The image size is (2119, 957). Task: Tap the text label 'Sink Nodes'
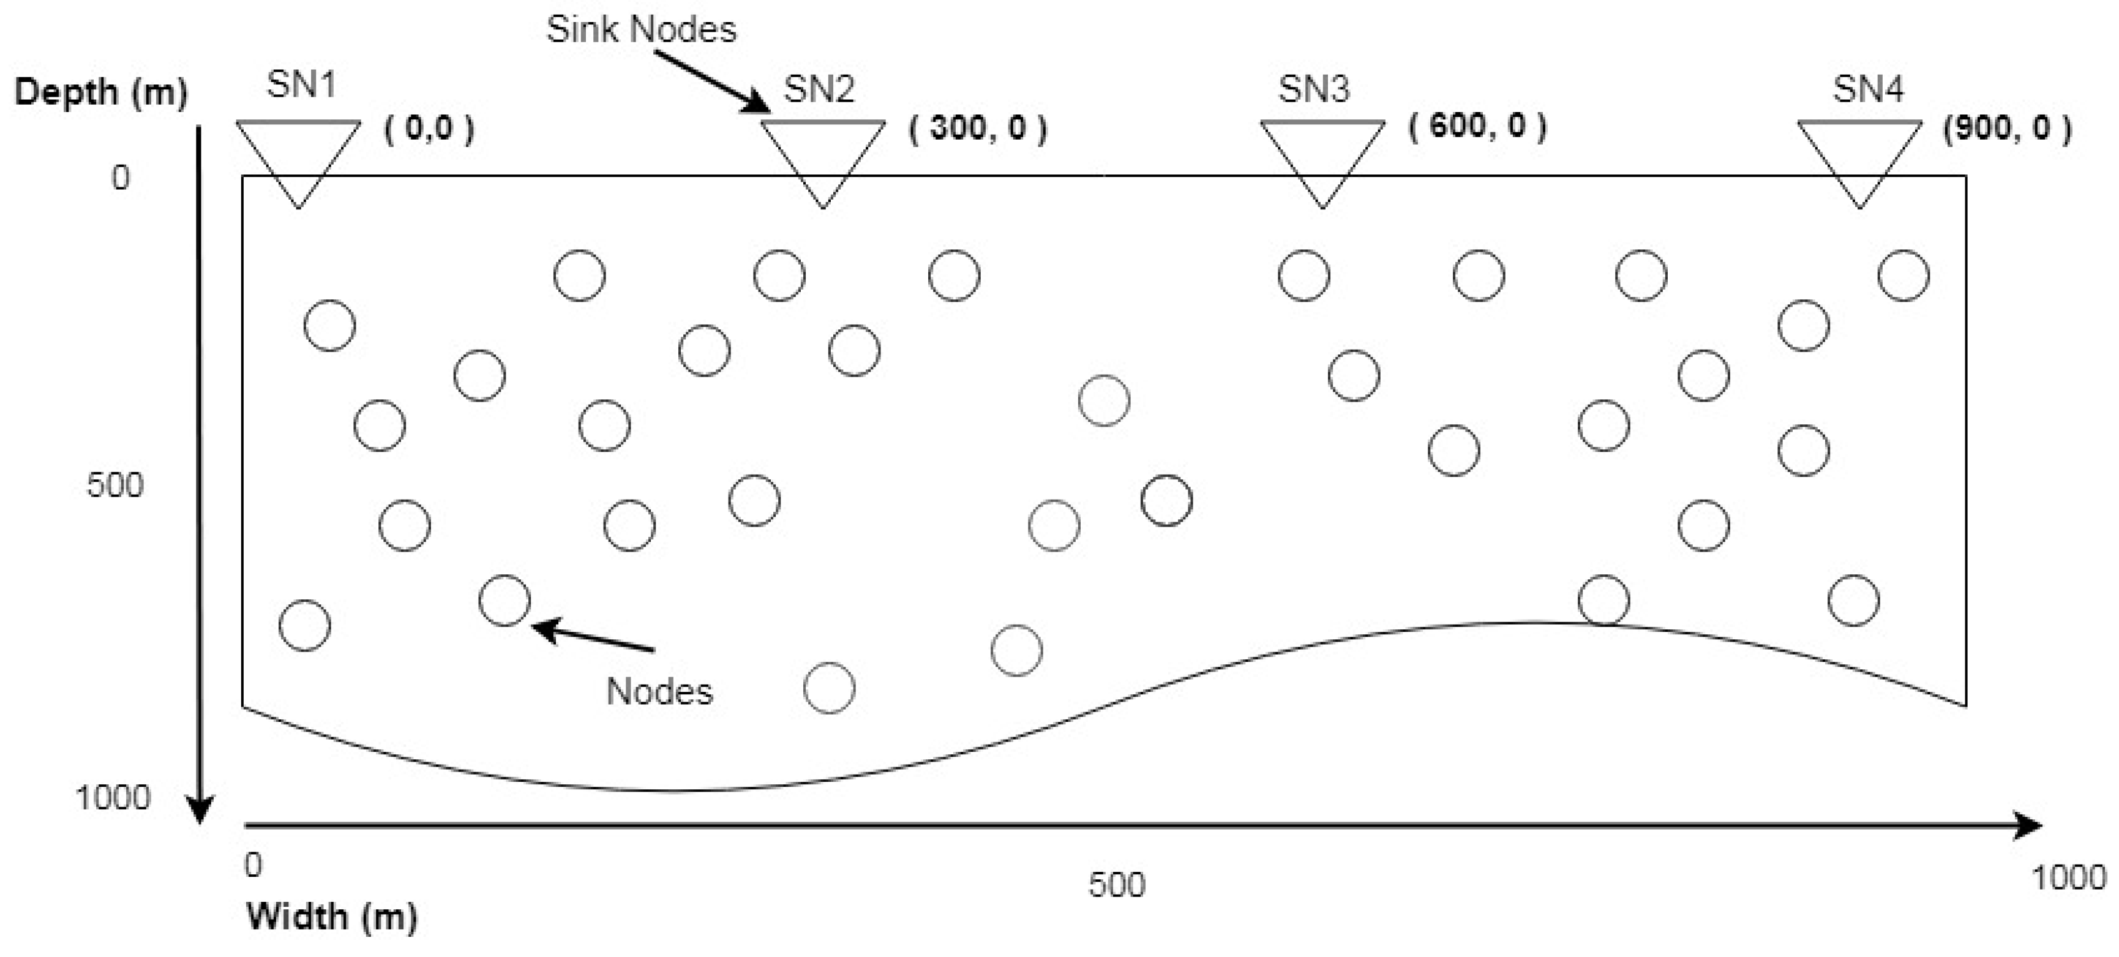point(641,29)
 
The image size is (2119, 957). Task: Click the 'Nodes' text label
point(659,691)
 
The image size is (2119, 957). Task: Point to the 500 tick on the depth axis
point(114,486)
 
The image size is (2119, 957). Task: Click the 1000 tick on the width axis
point(2068,878)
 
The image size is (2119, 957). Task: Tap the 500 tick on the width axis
point(1116,885)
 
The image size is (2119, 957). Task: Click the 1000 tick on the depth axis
point(113,797)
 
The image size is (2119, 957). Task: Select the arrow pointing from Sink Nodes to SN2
point(713,82)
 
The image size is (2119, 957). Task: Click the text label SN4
point(1867,89)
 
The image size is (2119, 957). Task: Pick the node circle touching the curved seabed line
point(1603,600)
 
